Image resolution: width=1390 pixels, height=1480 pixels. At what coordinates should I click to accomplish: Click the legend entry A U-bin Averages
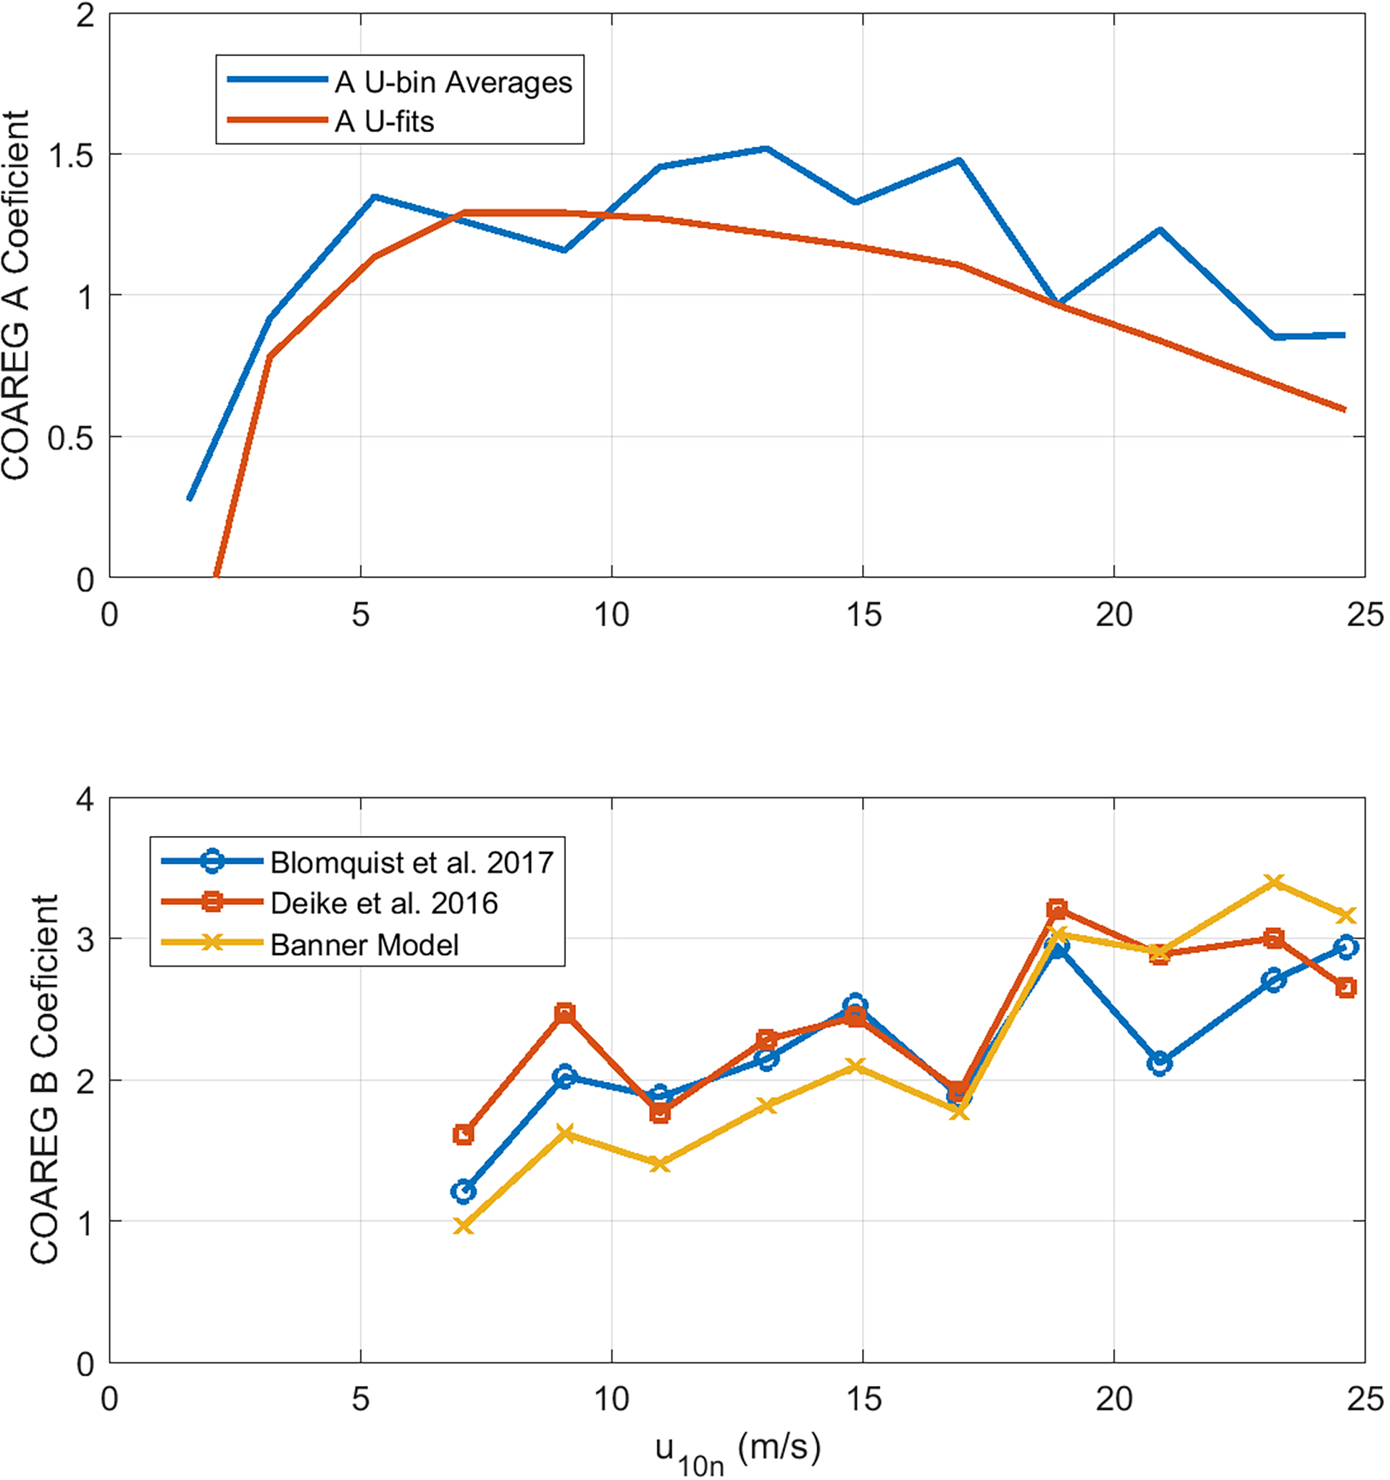point(453,82)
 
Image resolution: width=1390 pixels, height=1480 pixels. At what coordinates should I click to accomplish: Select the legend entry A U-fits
point(385,122)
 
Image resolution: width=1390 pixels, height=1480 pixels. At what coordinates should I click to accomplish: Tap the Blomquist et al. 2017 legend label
point(412,862)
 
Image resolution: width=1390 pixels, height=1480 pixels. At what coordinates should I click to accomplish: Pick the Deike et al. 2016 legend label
point(384,903)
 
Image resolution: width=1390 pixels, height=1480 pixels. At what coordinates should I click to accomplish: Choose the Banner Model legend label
point(364,944)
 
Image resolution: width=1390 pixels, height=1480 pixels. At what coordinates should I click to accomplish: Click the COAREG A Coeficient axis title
point(17,295)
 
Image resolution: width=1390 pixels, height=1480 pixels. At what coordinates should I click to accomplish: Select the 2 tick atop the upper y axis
point(85,15)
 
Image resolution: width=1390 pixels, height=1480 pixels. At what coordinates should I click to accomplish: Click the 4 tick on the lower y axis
point(85,800)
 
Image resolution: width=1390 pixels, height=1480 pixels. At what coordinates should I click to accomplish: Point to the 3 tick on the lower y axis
point(85,939)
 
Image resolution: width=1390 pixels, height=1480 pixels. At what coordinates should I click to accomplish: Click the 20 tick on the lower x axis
point(1114,1400)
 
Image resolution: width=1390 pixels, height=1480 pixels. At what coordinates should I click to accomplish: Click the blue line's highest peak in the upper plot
point(766,149)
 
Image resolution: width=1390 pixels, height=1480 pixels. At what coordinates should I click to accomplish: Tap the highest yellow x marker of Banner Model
point(1275,883)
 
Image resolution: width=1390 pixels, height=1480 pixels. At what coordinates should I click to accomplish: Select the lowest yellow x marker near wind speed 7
point(464,1225)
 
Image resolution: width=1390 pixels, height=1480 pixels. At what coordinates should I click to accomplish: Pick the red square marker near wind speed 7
point(464,1135)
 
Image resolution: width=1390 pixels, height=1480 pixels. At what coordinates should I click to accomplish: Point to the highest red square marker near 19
point(1057,909)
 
